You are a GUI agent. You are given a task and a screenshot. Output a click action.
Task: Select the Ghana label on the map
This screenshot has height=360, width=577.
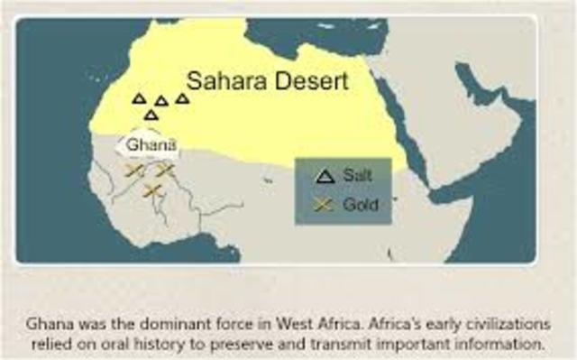[x=150, y=143]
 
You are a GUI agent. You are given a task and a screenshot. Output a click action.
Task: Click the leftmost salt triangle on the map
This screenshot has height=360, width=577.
[x=139, y=98]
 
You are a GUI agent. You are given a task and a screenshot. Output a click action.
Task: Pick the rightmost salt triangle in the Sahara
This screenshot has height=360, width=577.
[x=182, y=98]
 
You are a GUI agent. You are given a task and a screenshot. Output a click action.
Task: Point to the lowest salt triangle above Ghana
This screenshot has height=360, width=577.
[x=151, y=115]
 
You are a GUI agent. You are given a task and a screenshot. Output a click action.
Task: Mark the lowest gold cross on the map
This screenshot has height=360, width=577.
[x=151, y=189]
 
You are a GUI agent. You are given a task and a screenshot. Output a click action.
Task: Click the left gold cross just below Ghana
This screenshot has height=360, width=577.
[x=134, y=171]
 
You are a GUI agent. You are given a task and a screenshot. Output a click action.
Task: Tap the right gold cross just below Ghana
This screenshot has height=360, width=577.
[x=165, y=169]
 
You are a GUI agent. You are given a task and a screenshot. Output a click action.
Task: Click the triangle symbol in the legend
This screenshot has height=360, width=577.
[x=325, y=176]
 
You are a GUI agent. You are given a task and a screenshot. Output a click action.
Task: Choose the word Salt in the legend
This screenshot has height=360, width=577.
[x=357, y=176]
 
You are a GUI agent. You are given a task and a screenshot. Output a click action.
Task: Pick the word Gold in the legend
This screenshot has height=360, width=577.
[x=360, y=205]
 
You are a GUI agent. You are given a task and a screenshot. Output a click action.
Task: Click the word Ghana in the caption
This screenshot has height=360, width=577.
[x=47, y=322]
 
